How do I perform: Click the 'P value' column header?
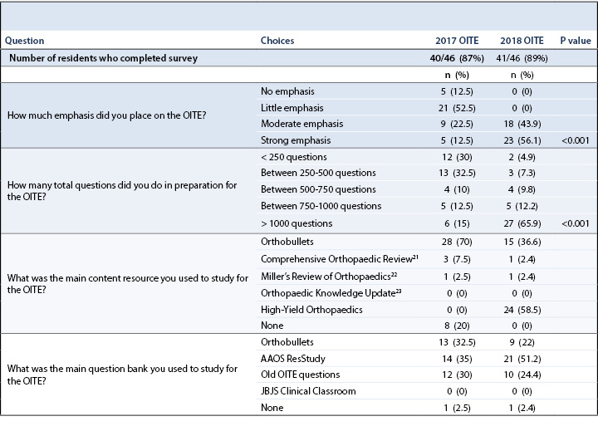(575, 40)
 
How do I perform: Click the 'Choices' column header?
(277, 40)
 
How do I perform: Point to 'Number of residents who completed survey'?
(105, 57)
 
